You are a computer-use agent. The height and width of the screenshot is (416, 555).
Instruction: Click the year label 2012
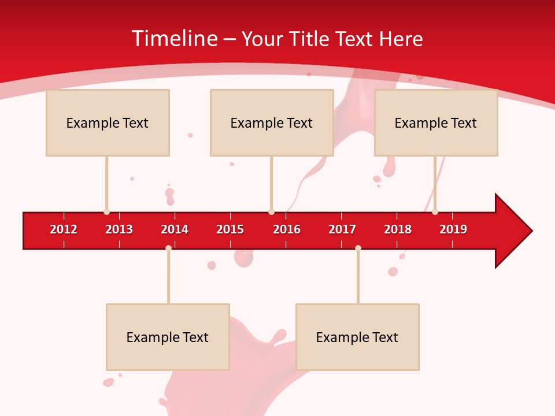pos(64,229)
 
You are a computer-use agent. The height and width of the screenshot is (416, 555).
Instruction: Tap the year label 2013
pos(119,229)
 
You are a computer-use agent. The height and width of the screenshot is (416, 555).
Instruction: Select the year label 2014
pos(175,229)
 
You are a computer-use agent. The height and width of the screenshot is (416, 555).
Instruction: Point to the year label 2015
pos(230,229)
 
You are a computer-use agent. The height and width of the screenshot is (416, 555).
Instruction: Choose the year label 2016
pos(287,229)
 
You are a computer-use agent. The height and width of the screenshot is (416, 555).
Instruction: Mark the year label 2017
pos(342,229)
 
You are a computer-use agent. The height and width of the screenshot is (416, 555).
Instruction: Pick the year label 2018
pos(398,229)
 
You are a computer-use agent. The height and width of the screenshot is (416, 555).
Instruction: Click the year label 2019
pos(453,229)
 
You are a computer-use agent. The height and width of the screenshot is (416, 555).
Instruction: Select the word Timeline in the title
pos(174,39)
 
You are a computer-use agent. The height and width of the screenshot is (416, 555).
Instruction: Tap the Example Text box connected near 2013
pos(108,123)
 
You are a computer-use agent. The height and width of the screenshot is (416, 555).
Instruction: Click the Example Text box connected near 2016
pos(272,123)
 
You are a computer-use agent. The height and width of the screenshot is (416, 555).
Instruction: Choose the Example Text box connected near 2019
pos(436,123)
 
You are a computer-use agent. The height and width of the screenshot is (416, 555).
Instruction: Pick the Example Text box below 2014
pos(168,337)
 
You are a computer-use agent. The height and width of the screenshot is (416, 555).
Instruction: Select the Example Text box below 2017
pos(357,337)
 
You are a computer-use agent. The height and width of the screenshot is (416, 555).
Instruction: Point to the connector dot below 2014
pos(168,248)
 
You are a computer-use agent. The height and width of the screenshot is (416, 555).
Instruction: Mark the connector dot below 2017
pos(358,248)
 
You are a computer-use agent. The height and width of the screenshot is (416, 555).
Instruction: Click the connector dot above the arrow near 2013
pos(106,212)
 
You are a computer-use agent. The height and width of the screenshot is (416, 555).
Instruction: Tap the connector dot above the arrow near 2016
pos(271,212)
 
